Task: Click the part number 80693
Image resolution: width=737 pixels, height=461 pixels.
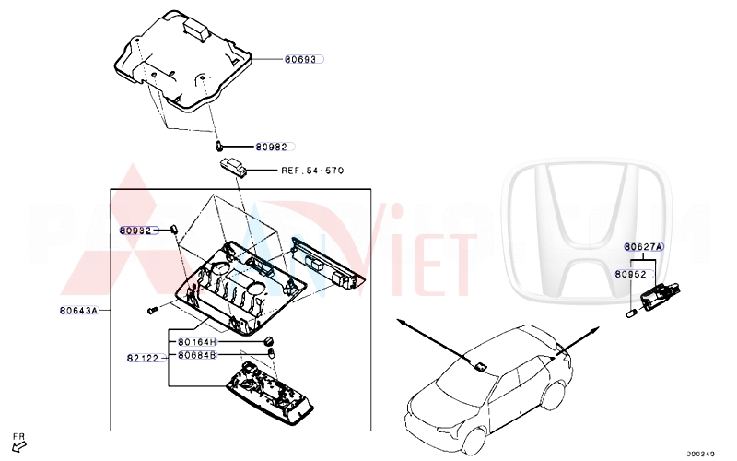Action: (x=298, y=59)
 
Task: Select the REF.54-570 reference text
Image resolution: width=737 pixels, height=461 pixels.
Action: (x=313, y=171)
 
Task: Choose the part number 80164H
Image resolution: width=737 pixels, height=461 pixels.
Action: (x=196, y=342)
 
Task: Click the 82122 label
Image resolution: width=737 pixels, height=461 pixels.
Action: (x=144, y=356)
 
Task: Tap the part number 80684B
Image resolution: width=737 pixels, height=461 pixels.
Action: (x=196, y=354)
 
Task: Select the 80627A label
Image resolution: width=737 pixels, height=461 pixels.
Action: (x=643, y=247)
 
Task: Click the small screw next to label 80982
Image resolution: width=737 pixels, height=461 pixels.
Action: (x=220, y=145)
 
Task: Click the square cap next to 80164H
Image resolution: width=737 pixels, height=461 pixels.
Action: (x=270, y=341)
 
